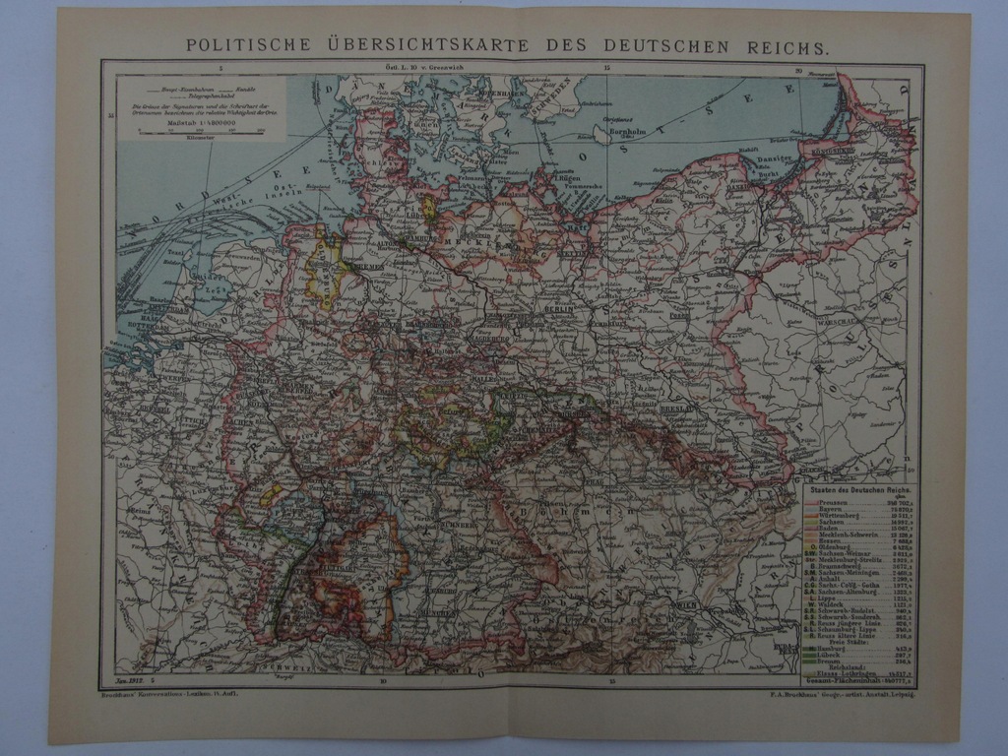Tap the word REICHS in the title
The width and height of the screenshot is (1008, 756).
click(788, 45)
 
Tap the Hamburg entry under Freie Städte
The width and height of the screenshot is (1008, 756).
click(822, 649)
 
